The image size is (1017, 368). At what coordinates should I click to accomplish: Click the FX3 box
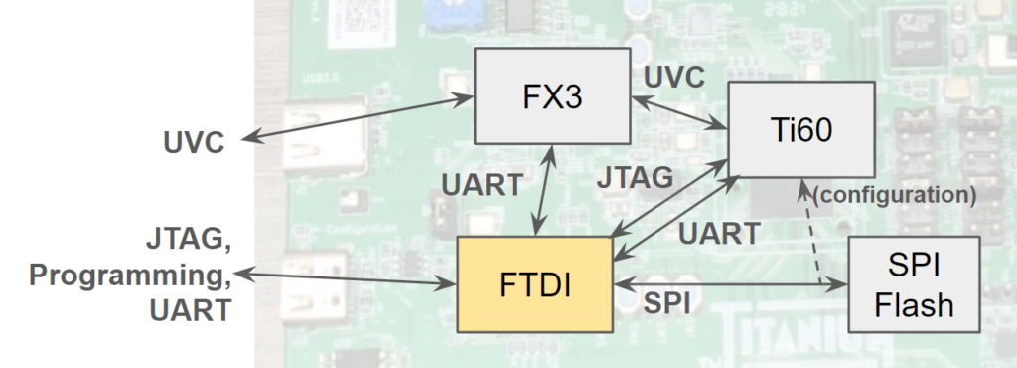coord(552,96)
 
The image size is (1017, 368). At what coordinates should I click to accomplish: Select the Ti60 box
coord(801,129)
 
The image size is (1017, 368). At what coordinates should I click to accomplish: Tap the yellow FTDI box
coord(535,284)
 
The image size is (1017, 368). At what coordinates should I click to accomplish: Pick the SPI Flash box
coord(914,284)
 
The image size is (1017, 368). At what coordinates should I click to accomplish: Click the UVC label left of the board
coord(194,143)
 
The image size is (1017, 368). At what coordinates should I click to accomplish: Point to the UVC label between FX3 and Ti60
coord(674,78)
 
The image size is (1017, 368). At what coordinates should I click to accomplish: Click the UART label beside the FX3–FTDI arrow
coord(482,186)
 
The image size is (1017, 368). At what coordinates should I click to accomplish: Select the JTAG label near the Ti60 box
coord(635,178)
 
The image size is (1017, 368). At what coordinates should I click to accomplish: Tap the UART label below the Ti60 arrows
coord(719,234)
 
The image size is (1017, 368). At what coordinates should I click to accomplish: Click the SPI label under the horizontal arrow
coord(665,303)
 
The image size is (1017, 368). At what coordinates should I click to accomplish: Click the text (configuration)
coord(895,195)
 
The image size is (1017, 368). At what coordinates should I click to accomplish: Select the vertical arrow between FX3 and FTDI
coord(543,190)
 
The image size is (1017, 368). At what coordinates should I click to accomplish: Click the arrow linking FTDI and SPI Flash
coord(731,284)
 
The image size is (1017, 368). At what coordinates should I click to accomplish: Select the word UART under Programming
coord(191,310)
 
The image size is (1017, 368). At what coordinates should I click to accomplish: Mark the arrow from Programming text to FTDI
coord(346,278)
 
